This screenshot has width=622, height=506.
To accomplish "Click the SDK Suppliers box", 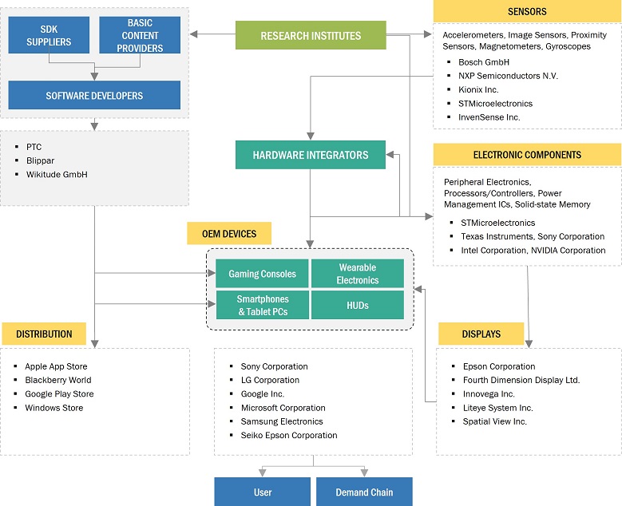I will pos(49,35).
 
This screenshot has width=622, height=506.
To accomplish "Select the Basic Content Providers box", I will pos(140,35).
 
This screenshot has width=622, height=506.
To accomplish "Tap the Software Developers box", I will pos(94,95).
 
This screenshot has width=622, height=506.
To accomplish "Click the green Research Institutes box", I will pos(311,36).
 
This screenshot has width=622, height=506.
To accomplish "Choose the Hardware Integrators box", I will pos(311,155).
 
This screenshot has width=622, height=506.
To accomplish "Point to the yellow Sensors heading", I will pos(527,11).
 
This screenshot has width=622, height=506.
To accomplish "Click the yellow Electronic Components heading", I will pos(527,155).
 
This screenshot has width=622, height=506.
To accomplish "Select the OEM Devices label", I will pos(228,233).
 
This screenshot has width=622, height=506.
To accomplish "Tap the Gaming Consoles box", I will pos(262,274).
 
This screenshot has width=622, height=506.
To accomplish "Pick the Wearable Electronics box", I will pos(357,274).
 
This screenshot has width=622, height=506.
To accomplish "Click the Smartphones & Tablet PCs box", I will pos(262,305).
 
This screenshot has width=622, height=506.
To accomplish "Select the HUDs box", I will pos(357,305).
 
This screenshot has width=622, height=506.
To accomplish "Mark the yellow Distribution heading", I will pos(44,334).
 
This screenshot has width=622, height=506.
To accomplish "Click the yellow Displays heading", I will pos(481,334).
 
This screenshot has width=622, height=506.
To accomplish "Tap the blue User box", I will pos(262,492).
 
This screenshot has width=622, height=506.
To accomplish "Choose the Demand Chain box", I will pos(364,492).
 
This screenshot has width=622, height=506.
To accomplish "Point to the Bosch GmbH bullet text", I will pos(484,61).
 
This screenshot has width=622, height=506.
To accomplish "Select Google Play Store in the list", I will pos(59,393).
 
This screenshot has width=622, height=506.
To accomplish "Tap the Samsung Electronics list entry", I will pos(282,421).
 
